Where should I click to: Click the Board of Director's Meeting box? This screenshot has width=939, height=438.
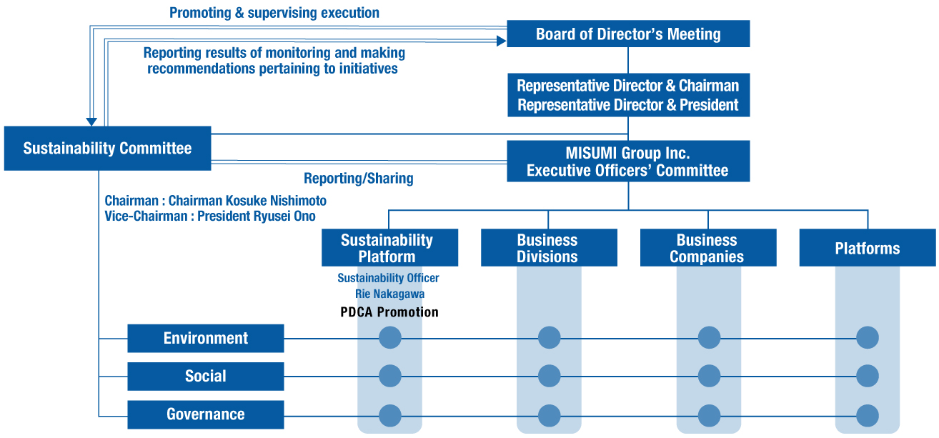coord(628,34)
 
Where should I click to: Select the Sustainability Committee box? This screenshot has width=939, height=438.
coord(107,149)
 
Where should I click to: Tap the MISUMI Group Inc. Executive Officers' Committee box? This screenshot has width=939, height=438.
coord(628,161)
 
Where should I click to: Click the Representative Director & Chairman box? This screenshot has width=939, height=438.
coord(628,95)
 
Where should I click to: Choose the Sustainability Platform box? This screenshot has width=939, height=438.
coord(389,247)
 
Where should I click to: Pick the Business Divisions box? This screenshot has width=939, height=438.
coord(549,247)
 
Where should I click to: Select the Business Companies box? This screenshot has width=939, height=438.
coord(708,247)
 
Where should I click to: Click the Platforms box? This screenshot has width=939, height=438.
coord(868,247)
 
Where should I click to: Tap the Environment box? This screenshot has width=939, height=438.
coord(205,338)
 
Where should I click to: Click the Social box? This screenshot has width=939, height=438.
coord(205,377)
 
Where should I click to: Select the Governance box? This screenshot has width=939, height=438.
coord(205,414)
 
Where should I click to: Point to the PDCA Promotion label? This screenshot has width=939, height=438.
coord(389,312)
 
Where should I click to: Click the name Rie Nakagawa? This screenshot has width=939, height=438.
coord(390,294)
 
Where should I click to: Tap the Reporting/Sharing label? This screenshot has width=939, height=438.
coord(359,179)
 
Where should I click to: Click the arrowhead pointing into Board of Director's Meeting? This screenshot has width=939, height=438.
coord(502,41)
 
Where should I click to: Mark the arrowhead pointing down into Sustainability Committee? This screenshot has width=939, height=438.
coord(91,121)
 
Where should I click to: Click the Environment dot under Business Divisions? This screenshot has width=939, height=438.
coord(549,337)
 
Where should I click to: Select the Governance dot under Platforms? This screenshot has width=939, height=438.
coord(868,416)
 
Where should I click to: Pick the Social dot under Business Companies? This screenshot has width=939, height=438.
coord(709,376)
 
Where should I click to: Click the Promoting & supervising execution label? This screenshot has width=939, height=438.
coord(274,13)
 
